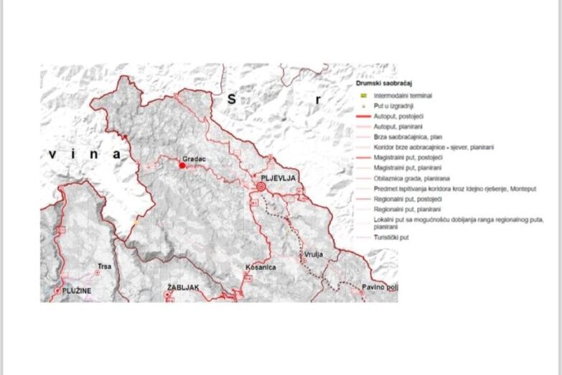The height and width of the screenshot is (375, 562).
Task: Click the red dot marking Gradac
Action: point(182,165)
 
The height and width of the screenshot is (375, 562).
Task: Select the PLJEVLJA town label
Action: point(279,177)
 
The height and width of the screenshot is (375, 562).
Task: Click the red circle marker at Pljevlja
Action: point(261,186)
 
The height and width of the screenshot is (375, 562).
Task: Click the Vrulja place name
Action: point(312,255)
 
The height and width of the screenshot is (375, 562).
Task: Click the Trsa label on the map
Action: point(104,267)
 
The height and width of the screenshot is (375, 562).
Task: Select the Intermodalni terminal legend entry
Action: point(408,95)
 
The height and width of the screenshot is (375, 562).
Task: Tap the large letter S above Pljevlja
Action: point(231,100)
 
